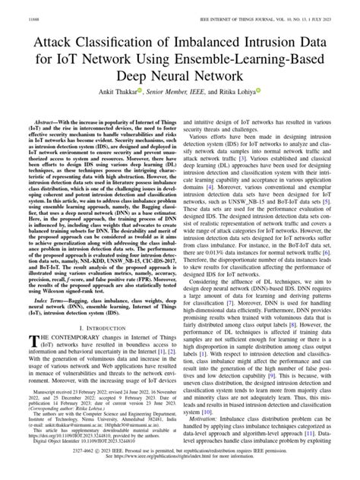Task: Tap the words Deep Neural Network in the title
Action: [179, 77]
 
